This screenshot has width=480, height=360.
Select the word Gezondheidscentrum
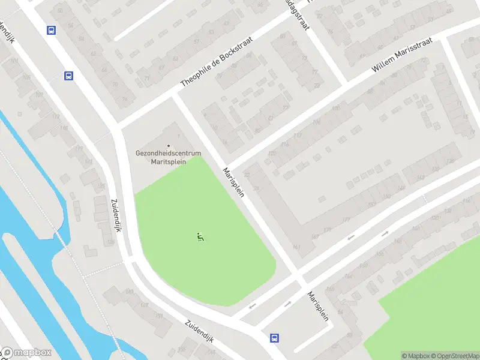(x=168, y=154)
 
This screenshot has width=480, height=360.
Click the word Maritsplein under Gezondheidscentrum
(x=169, y=161)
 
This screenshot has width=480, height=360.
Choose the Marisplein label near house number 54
(x=318, y=307)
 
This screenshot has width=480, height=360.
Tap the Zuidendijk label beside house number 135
(x=116, y=216)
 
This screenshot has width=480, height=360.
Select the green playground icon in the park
(x=200, y=237)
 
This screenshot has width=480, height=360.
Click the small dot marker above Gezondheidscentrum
(x=169, y=146)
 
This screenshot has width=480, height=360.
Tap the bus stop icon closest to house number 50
(x=52, y=30)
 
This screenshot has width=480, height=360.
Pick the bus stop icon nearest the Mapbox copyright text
(x=275, y=338)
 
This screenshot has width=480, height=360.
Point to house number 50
(x=70, y=25)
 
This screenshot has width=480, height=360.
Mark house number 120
(x=272, y=154)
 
